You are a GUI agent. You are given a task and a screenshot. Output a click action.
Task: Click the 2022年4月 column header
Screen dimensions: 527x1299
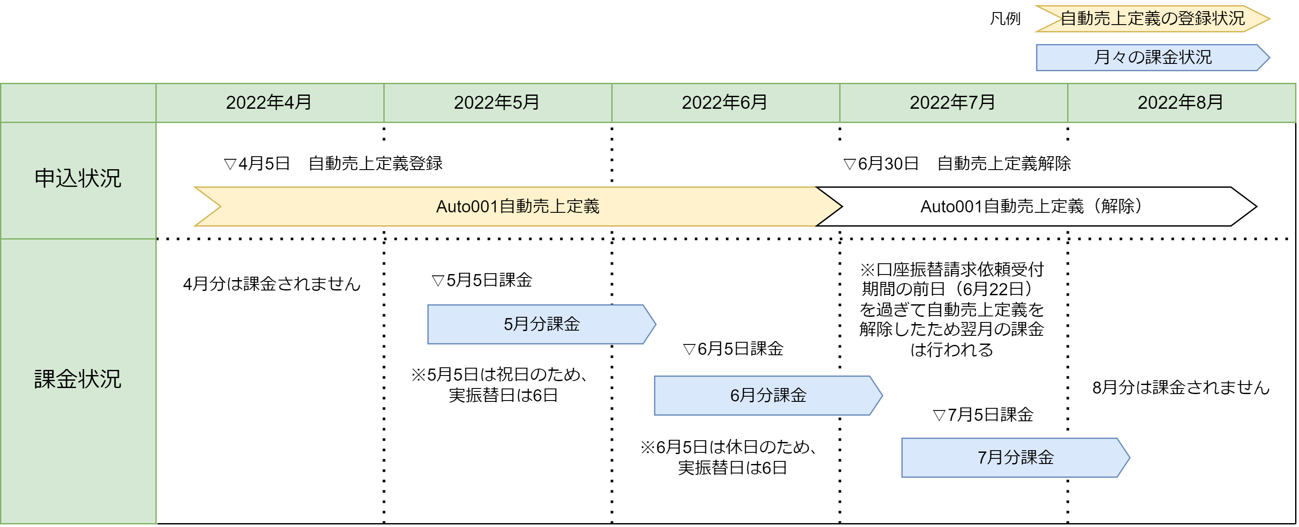click(x=269, y=103)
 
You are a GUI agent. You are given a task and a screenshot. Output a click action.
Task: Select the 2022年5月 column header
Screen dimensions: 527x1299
click(x=497, y=103)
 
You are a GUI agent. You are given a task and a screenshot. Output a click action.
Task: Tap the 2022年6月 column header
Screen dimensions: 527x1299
click(x=725, y=103)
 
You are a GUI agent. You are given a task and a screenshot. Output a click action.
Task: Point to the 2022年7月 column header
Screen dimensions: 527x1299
click(x=953, y=103)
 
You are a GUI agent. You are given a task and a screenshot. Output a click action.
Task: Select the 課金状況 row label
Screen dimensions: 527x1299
click(x=78, y=379)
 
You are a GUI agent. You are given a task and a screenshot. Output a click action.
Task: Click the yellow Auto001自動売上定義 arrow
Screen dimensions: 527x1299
click(x=518, y=207)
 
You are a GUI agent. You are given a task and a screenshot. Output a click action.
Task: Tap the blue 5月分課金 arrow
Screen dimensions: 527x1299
click(x=542, y=324)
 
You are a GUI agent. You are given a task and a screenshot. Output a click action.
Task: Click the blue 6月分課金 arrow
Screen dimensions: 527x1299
click(x=768, y=396)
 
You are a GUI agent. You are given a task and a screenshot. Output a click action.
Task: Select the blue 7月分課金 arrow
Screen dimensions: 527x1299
click(x=1016, y=458)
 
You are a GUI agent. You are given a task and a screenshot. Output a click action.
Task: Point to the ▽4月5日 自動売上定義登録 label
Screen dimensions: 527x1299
click(x=333, y=164)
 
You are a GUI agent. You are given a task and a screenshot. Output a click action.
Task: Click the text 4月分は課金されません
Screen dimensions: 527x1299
click(x=272, y=284)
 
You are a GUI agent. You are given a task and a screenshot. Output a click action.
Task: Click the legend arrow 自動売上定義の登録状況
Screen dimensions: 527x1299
click(x=1153, y=19)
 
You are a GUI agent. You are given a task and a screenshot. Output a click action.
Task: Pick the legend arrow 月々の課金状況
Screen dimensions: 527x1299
click(x=1153, y=57)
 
